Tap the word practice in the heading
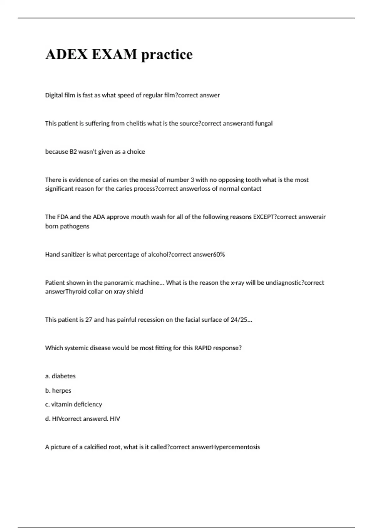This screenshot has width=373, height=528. click(167, 55)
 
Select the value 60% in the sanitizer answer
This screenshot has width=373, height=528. click(219, 254)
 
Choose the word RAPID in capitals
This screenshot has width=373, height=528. click(203, 348)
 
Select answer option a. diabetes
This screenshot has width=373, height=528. click(60, 376)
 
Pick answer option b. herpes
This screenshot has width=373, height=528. click(58, 390)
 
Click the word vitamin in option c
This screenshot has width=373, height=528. click(61, 404)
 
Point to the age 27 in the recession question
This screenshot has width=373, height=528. click(89, 320)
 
